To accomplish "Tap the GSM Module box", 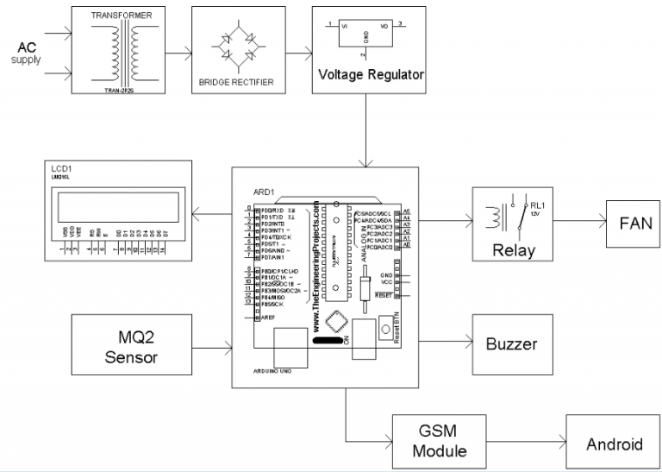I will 429,440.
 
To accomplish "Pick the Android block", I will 614,444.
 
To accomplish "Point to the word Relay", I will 514,251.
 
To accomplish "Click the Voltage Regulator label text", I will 371,74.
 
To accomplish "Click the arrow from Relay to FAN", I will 579,222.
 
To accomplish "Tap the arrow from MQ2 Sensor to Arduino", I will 210,349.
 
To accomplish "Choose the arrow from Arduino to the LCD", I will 212,214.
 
